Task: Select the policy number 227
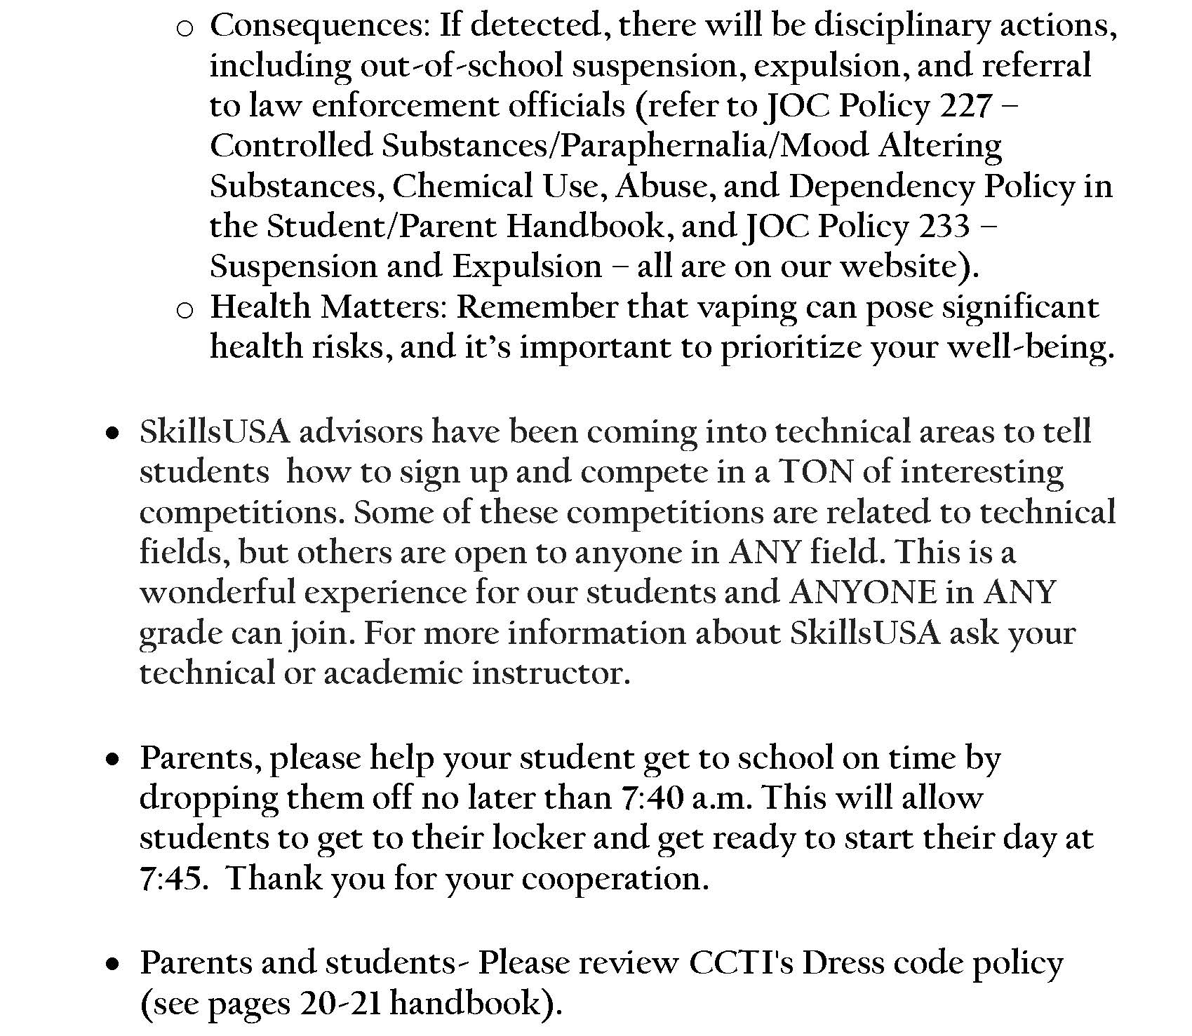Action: [x=965, y=106]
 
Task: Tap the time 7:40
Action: [x=652, y=798]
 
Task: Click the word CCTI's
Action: [x=741, y=962]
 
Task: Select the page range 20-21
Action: [x=340, y=1004]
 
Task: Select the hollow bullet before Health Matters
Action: [x=185, y=310]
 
